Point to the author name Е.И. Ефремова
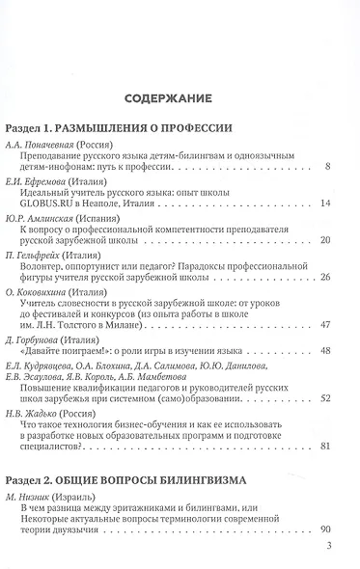click(38, 180)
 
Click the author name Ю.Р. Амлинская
click(42, 218)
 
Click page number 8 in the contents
click(328, 167)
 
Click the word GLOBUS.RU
click(53, 203)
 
